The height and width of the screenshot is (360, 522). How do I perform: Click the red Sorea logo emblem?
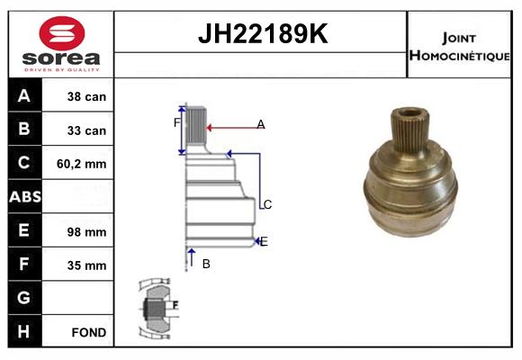(x=62, y=33)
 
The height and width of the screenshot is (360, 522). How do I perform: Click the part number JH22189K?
(x=263, y=33)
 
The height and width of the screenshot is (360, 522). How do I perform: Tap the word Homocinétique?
(x=459, y=56)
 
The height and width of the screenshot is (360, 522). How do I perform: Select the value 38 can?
(x=86, y=96)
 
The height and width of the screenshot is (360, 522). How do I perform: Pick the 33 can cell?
(x=86, y=130)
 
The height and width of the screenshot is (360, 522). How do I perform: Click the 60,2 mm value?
(x=82, y=164)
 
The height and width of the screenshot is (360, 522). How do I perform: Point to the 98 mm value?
(x=86, y=232)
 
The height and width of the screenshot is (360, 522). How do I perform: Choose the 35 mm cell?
(x=86, y=265)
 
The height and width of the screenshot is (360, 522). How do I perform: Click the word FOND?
(x=89, y=332)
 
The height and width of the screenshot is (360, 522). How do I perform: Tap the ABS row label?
(x=25, y=197)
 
